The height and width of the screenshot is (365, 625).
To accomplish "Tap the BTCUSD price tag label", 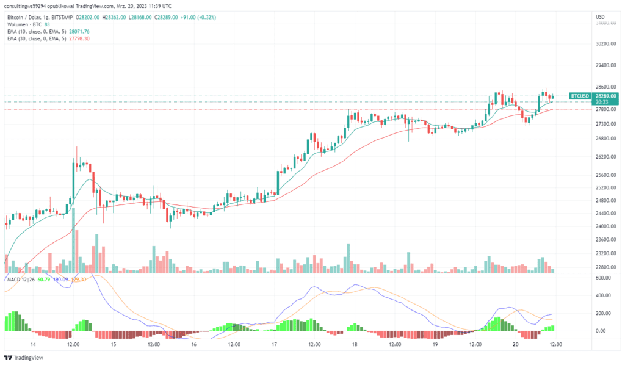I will click(579, 96).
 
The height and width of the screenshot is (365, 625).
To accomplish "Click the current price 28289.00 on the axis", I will click(606, 96).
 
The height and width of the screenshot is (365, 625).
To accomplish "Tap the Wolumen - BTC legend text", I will click(25, 24).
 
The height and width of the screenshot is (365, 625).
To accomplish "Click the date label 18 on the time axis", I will click(355, 344).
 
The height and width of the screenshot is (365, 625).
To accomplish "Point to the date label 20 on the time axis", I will click(516, 344).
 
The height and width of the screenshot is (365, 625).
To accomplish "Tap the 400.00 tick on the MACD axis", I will click(604, 295).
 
